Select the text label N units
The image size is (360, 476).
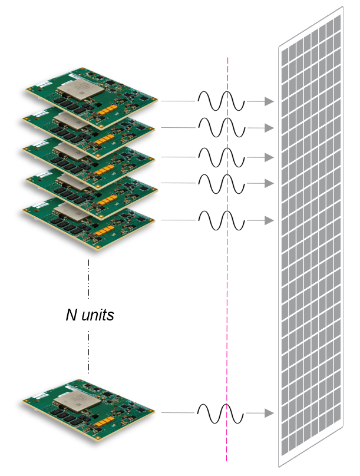click(x=90, y=315)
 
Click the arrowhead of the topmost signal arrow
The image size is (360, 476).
click(x=269, y=101)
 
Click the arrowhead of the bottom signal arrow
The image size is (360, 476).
click(x=269, y=414)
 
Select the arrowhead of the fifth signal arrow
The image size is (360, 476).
click(x=269, y=220)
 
